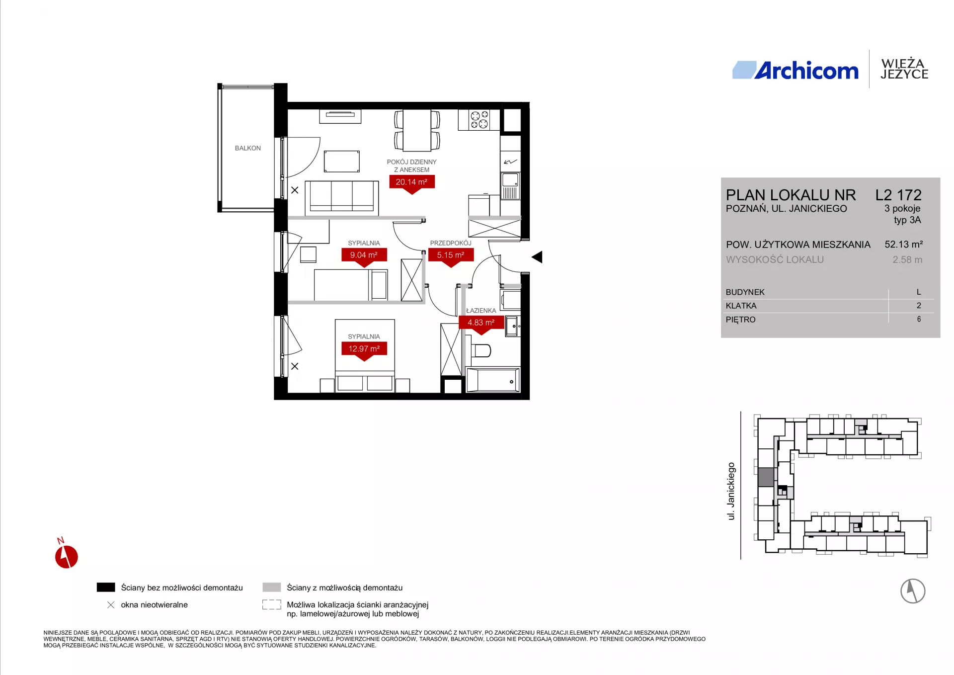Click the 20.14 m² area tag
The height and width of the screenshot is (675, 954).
pos(411,182)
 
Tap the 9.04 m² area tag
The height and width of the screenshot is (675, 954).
pos(364,255)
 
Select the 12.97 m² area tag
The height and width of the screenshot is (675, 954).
pos(364,349)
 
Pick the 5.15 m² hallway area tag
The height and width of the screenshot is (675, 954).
pos(451,255)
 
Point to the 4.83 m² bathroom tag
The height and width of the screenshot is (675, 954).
pos(481,323)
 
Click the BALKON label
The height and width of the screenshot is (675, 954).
pos(248,148)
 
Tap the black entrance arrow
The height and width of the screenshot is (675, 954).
pos(537,257)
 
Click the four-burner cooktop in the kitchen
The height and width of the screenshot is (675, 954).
pos(479,120)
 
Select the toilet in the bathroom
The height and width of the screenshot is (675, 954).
pos(480,350)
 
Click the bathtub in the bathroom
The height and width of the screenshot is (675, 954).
pos(493,380)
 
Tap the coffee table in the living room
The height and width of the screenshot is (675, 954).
pos(342,162)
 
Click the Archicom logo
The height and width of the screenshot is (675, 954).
pos(795,71)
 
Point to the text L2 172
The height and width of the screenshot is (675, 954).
pos(898,195)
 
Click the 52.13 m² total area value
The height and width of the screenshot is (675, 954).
pos(903,245)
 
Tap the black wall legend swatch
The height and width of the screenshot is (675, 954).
pos(106,587)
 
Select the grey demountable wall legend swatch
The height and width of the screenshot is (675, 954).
pos(272,587)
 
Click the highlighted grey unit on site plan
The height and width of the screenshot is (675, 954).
pos(766,477)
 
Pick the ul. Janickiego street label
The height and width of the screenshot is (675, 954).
pos(731,491)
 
